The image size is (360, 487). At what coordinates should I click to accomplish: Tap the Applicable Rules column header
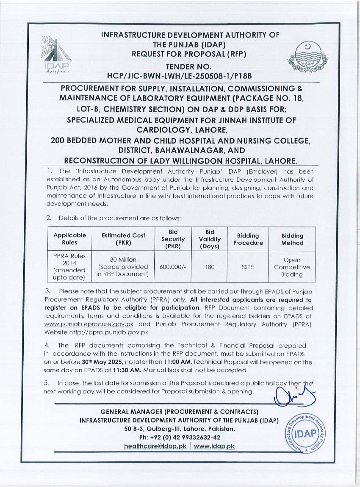tap(69, 239)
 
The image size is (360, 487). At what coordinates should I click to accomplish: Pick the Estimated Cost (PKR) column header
tap(123, 239)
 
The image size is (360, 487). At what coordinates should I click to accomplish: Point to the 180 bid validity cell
tap(210, 267)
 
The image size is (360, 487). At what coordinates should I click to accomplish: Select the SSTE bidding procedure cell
tap(247, 267)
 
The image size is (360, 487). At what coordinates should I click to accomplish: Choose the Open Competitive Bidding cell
tap(292, 267)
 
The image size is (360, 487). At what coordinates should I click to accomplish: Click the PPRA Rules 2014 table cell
tap(69, 267)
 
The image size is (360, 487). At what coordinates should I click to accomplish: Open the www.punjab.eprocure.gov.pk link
tap(89, 324)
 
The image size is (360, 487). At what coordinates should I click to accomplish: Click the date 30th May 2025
tap(102, 362)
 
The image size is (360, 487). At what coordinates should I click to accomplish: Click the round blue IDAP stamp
tap(305, 433)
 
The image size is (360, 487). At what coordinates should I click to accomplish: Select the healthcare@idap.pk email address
tap(155, 446)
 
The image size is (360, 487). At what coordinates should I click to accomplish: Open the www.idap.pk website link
tap(214, 446)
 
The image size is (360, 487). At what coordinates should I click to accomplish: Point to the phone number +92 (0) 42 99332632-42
tap(180, 437)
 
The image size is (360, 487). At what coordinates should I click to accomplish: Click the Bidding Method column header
tap(292, 239)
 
